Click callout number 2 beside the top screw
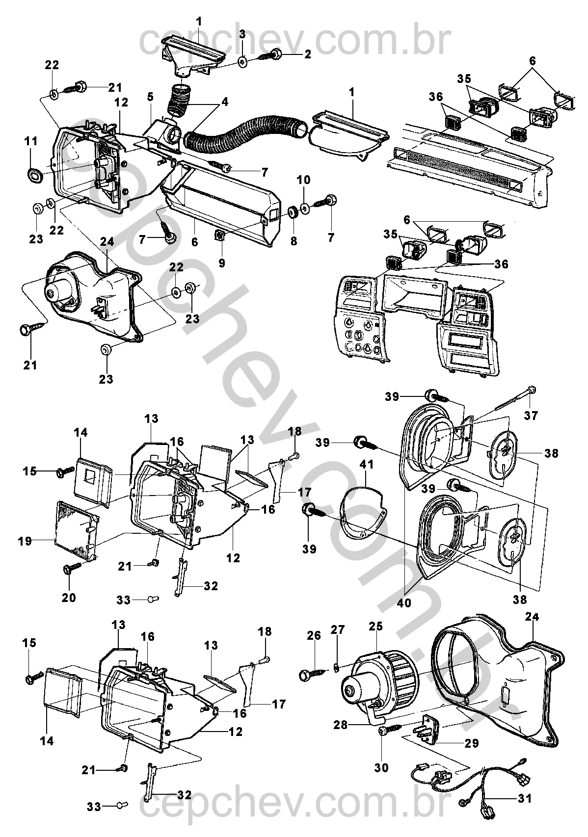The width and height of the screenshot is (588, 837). (307, 54)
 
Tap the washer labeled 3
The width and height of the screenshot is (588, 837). (242, 61)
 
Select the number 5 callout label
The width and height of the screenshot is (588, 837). (150, 97)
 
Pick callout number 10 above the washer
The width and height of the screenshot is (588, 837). (303, 180)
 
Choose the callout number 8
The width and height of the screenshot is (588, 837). (294, 241)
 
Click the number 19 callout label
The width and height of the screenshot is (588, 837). (25, 542)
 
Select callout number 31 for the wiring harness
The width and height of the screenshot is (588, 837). (525, 799)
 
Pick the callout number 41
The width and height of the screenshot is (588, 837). (366, 465)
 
